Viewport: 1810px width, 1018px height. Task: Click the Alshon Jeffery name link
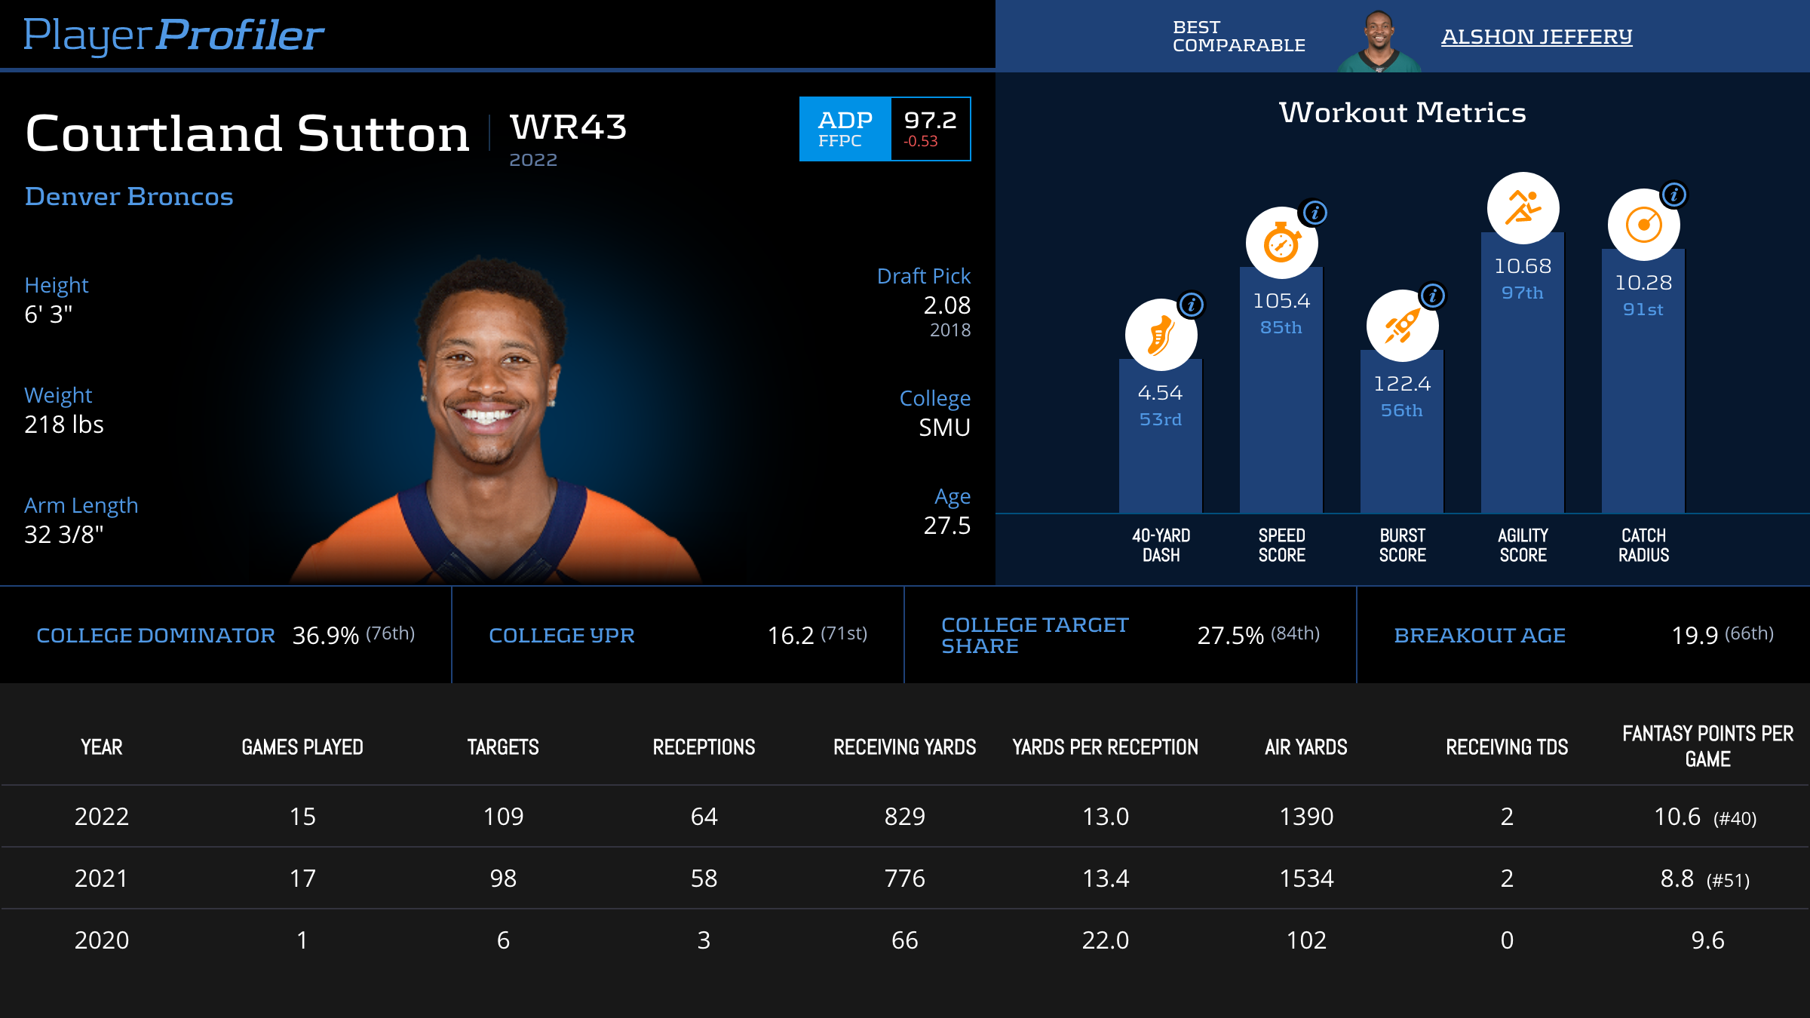tap(1536, 36)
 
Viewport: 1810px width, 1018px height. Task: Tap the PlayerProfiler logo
tap(173, 35)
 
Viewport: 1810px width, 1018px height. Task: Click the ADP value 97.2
tap(930, 120)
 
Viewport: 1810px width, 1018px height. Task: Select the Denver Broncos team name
tap(129, 197)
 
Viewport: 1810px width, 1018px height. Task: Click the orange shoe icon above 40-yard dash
tap(1160, 335)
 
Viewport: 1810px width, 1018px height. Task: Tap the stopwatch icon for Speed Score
tap(1281, 243)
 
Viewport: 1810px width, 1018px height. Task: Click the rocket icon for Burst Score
tap(1401, 326)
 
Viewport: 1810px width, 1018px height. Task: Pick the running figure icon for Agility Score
tap(1522, 208)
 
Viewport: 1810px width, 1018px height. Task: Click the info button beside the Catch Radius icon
tap(1673, 195)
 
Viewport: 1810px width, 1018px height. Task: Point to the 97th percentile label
tap(1522, 293)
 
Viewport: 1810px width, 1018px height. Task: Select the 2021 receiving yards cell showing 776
tap(904, 878)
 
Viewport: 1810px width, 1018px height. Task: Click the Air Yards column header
tap(1305, 747)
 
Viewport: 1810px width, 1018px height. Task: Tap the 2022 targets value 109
tap(503, 817)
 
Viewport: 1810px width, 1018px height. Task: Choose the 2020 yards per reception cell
tap(1105, 940)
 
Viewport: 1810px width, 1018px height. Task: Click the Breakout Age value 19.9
tap(1694, 636)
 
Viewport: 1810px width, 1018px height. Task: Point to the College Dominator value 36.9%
tap(325, 636)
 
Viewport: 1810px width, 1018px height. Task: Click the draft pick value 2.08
tap(946, 305)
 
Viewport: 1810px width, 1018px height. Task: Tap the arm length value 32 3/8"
tap(64, 535)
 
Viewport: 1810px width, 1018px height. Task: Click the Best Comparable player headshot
tap(1379, 41)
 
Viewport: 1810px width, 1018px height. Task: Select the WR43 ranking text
tap(568, 127)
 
